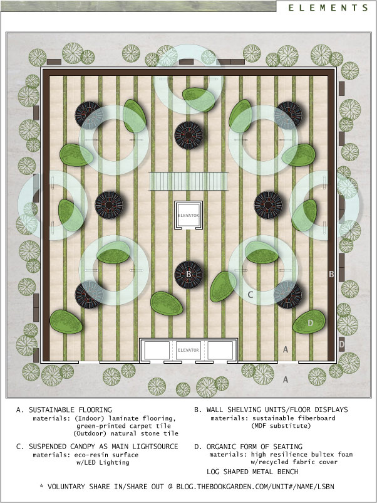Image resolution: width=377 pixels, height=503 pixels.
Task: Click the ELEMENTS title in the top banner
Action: pos(328,8)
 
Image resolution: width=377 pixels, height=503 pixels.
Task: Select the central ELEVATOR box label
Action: pos(189,215)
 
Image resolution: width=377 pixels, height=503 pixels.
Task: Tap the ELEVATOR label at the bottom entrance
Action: pos(189,350)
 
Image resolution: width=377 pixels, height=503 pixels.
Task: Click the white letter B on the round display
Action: pos(189,274)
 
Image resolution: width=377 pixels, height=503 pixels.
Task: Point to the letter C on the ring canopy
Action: pos(250,295)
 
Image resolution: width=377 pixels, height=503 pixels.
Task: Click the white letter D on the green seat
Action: pos(310,323)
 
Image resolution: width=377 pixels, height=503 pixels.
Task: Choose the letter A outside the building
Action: pos(286,379)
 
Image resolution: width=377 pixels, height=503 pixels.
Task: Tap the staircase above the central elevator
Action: pos(189,181)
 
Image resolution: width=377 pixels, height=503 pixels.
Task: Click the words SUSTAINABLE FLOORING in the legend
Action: pos(71,410)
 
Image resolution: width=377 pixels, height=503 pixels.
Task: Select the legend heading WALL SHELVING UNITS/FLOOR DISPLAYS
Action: pos(277,410)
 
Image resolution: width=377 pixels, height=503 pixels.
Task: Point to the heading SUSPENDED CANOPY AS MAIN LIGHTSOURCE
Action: pos(103,447)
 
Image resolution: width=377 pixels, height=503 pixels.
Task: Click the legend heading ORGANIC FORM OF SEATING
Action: pos(254,447)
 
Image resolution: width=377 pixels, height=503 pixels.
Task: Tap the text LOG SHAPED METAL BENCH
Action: pos(252,472)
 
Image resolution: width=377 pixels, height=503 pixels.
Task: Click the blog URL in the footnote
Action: pos(256,487)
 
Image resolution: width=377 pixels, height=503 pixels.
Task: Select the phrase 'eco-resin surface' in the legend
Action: pos(106,455)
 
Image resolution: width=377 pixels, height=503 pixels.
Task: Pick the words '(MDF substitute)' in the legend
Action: pos(281,426)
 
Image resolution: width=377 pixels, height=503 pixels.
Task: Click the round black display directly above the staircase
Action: pos(189,135)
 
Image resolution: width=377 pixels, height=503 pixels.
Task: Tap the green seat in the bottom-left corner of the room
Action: pos(66,322)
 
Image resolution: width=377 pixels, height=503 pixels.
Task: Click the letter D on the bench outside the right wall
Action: pos(342,344)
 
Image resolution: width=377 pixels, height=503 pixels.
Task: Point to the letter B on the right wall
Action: pos(331,274)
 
